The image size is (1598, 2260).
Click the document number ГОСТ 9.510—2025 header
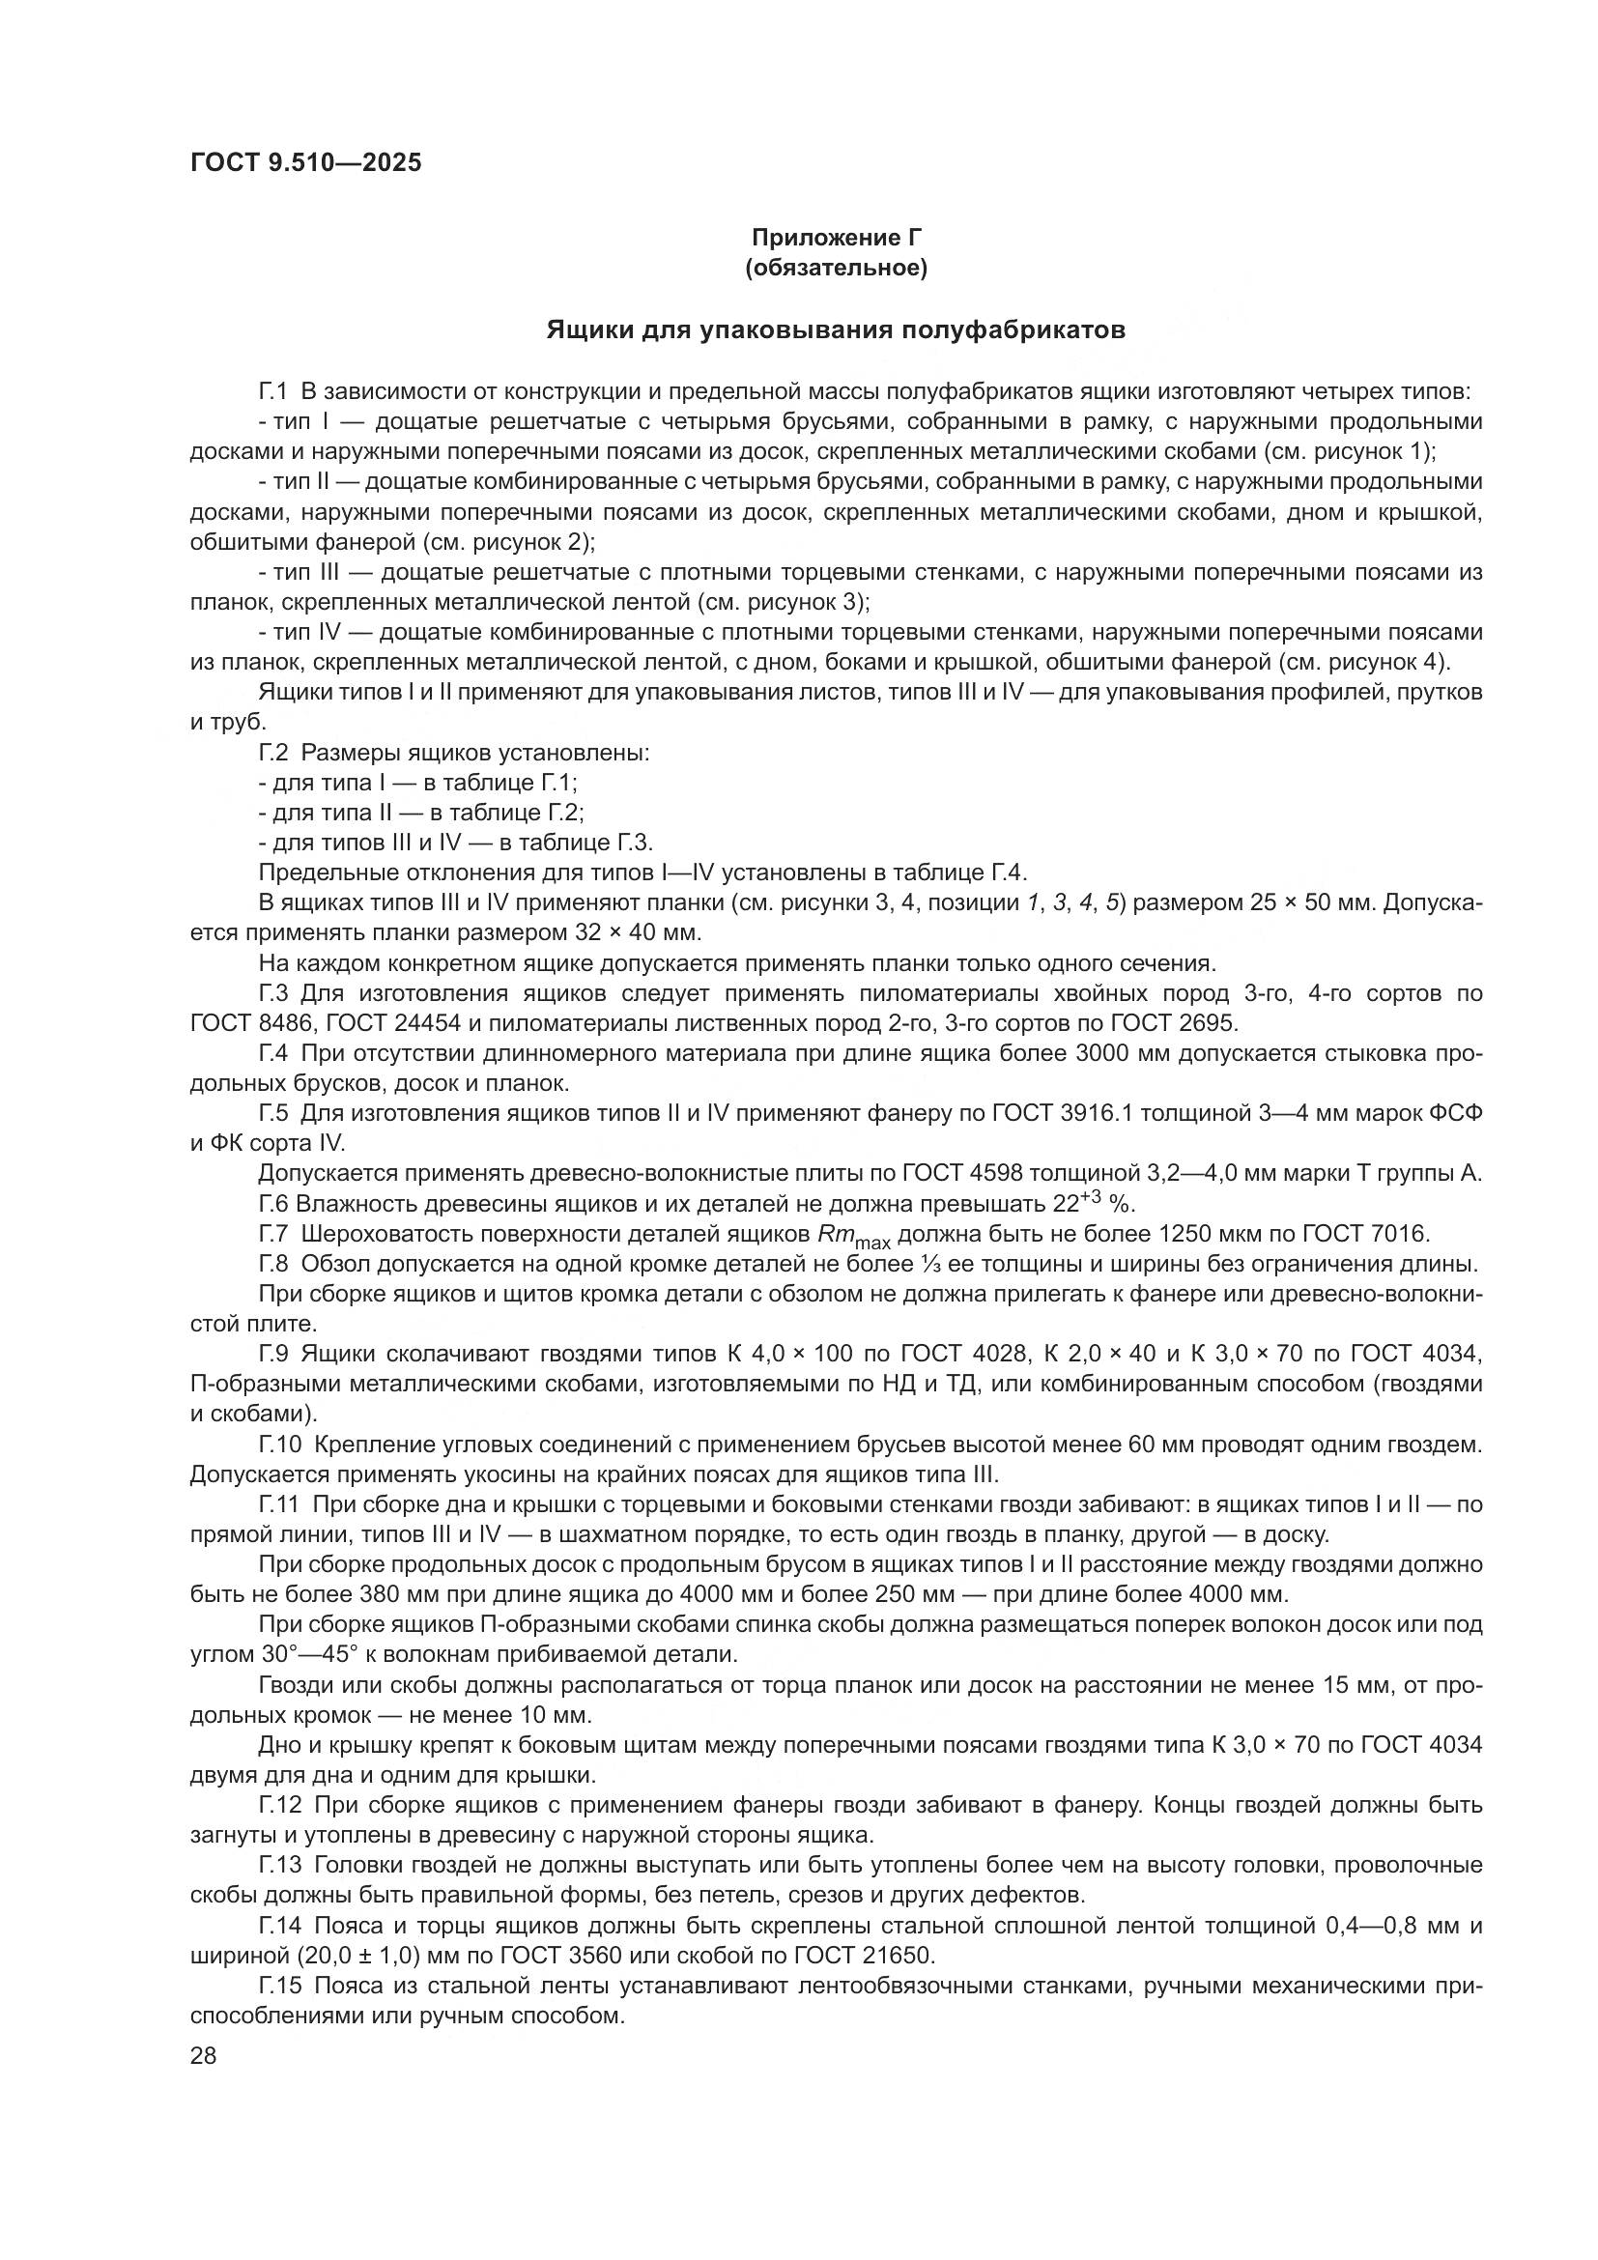click(305, 163)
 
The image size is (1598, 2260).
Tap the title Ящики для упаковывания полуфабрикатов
click(836, 329)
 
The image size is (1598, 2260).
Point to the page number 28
click(203, 2056)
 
